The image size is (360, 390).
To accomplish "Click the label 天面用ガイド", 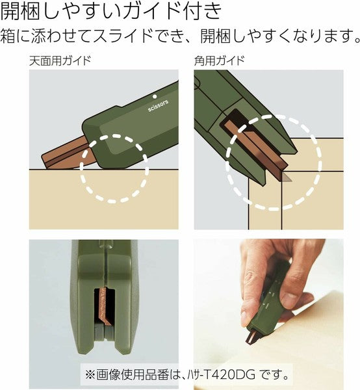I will pos(60,62).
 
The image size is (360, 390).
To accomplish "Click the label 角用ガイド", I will pos(219,62).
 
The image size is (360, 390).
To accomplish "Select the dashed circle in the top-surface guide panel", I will pos(114,168).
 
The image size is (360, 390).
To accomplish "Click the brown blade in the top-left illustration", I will pos(62,156).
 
